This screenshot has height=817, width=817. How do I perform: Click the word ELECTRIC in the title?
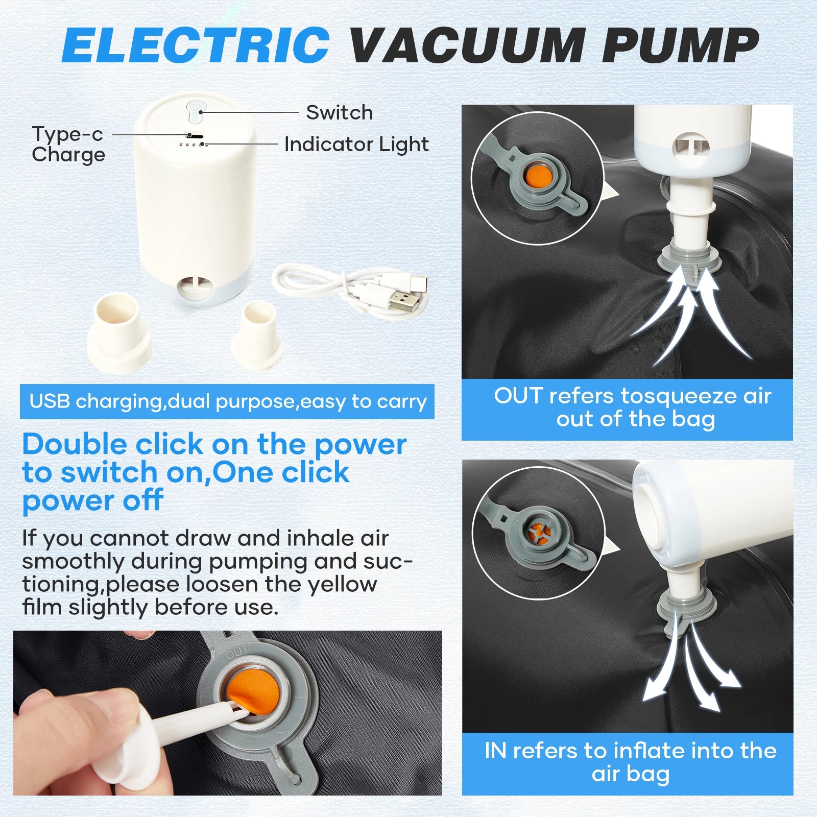[x=196, y=45]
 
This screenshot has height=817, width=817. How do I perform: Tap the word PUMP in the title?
[x=680, y=45]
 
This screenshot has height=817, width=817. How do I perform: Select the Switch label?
[x=340, y=112]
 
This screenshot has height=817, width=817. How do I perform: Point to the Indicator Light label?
[x=356, y=145]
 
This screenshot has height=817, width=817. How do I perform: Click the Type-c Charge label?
[x=68, y=144]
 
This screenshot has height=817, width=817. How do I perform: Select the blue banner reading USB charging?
[x=227, y=401]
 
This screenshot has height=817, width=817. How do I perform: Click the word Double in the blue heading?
[x=74, y=444]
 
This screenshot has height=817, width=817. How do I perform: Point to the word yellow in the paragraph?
[x=342, y=584]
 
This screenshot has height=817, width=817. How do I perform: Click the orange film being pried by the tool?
[x=253, y=690]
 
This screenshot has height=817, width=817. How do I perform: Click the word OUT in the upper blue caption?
[x=518, y=396]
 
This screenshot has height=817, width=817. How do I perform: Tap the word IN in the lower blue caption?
[x=495, y=751]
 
